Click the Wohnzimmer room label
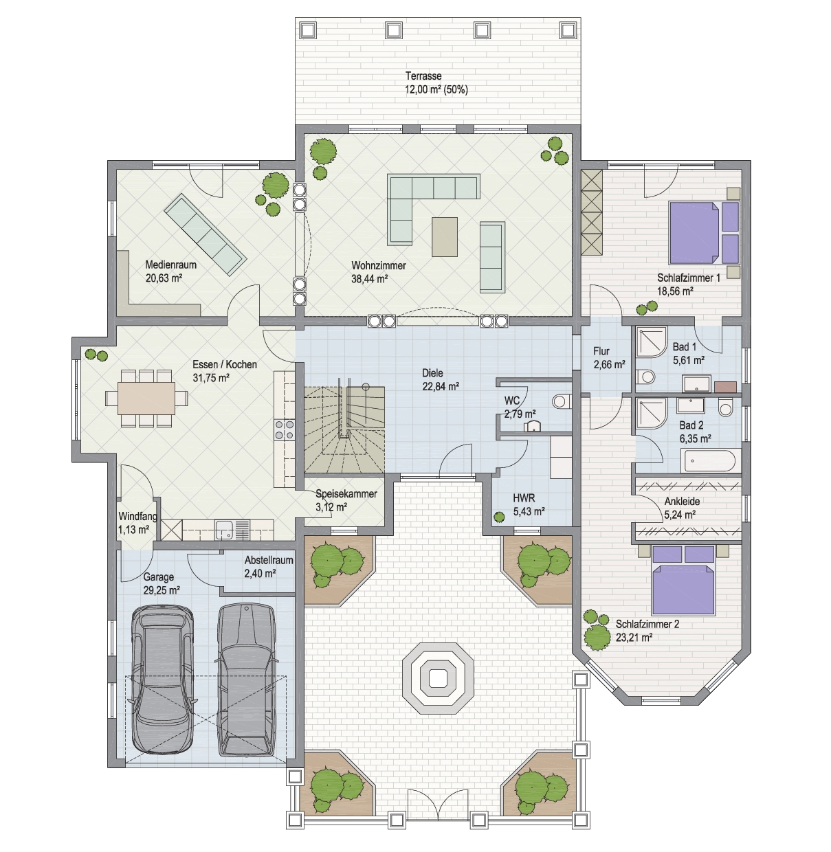coord(379,266)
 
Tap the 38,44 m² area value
coord(369,279)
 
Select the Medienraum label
coord(171,265)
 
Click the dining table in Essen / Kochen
coord(146,398)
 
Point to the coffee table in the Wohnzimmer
coord(445,237)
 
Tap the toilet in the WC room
coord(561,401)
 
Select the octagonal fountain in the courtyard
coord(437,679)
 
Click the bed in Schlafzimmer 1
coord(704,232)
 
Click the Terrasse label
coord(423,76)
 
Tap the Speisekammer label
coord(346,494)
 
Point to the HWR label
coord(524,498)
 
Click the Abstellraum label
coord(269,560)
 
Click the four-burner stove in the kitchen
coord(284,429)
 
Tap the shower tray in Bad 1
coord(652,342)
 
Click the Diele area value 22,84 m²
coord(441,387)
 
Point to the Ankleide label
coord(682,502)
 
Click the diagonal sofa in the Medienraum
coord(205,234)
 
